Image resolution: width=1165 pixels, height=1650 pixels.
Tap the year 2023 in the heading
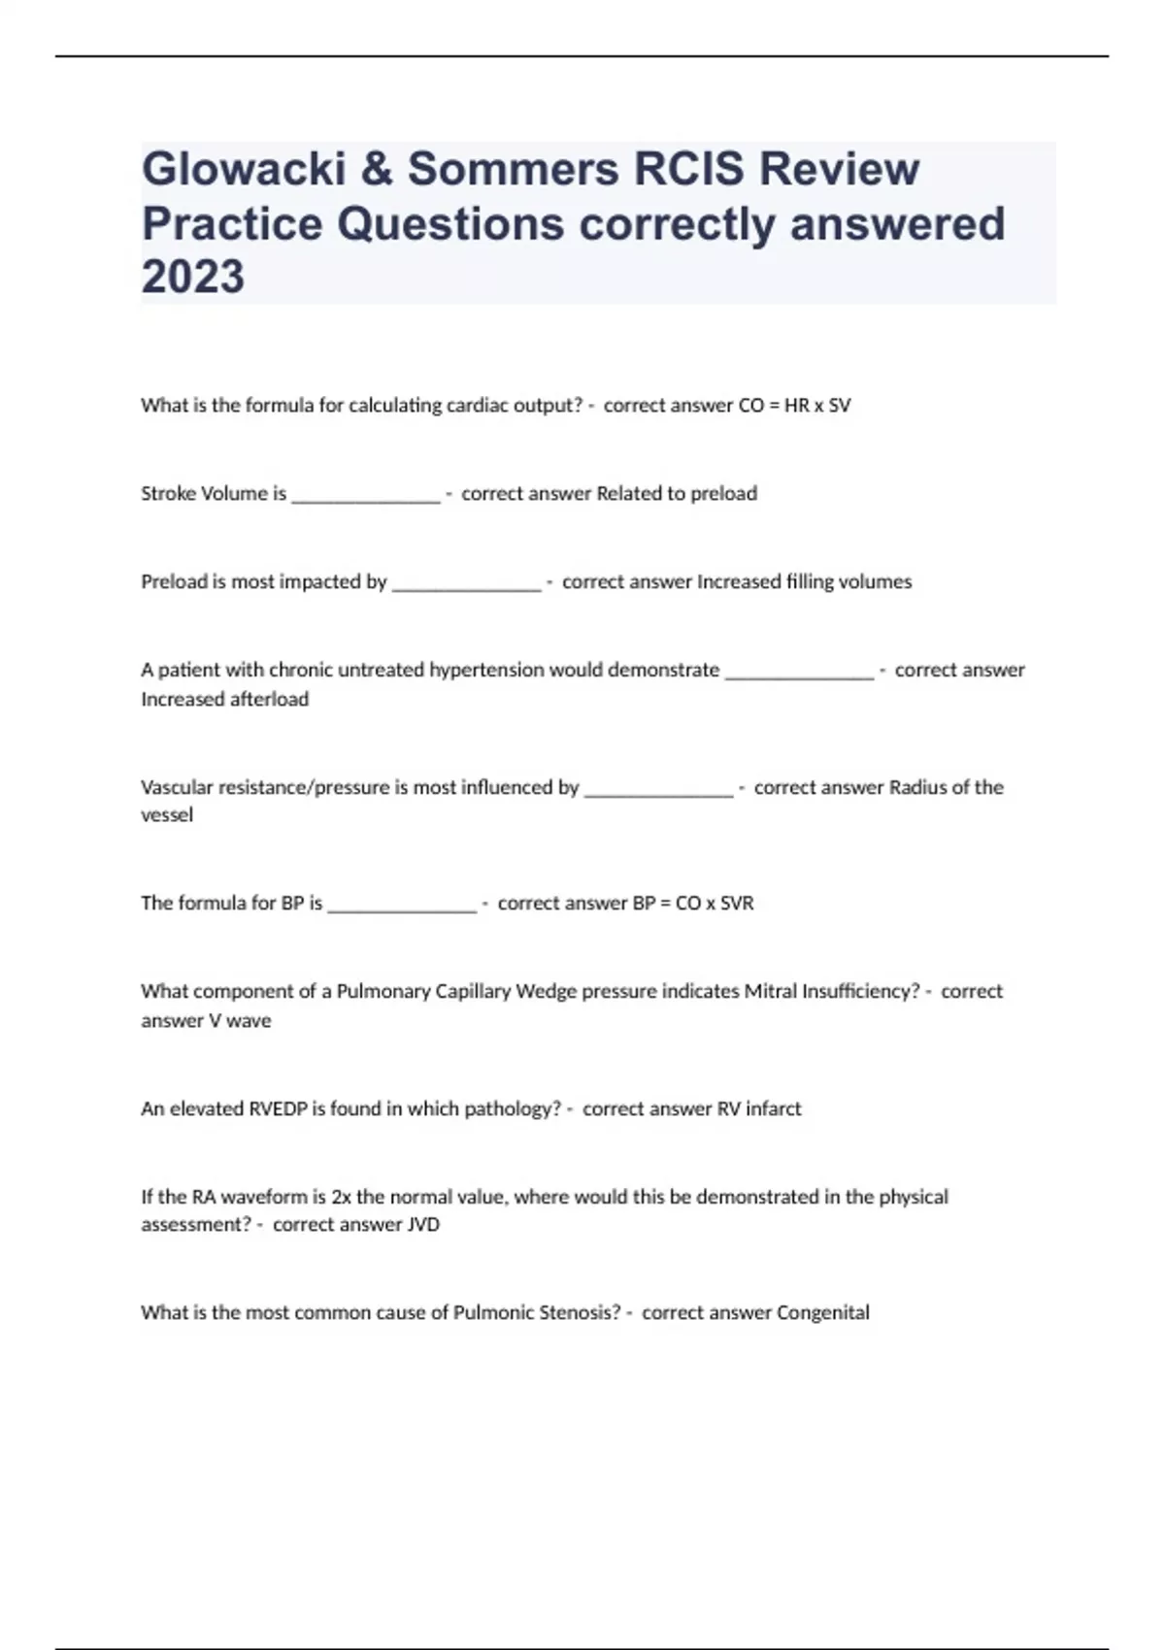[x=193, y=277]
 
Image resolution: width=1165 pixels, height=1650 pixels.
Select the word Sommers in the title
[x=513, y=169]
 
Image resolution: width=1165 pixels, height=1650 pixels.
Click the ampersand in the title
[x=378, y=169]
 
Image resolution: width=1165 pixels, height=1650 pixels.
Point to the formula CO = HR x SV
[x=794, y=406]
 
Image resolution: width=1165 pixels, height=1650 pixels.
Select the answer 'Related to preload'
[x=676, y=493]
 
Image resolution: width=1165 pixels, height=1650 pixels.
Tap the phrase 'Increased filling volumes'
[x=804, y=581]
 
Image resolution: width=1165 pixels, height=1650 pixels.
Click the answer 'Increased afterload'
[x=224, y=699]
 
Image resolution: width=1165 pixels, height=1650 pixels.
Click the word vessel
[x=167, y=815]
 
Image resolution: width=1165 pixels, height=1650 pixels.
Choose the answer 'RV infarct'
[x=759, y=1108]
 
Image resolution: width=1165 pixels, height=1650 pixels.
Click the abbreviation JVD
[x=423, y=1225]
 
